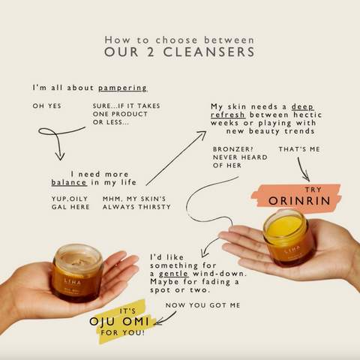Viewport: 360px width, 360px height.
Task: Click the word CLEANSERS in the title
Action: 208,52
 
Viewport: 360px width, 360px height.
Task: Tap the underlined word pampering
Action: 122,88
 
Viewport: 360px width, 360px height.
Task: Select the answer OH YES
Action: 46,106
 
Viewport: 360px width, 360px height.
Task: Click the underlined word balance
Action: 69,182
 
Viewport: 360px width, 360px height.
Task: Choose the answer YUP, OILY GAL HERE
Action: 70,202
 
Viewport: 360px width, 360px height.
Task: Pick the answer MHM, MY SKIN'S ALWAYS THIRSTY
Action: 136,202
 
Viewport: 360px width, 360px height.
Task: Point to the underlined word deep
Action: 302,106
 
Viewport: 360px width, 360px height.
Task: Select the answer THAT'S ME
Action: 299,149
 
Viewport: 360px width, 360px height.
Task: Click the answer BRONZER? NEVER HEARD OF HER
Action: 240,157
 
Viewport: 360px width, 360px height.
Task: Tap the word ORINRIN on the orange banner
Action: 299,201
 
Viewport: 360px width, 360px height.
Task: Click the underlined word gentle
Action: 173,274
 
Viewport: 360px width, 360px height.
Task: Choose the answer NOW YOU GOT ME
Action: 202,305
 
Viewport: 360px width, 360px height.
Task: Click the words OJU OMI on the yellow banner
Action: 119,322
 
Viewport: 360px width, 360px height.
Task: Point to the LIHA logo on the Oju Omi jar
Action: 73,282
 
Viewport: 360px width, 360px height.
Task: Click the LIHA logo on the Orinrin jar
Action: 292,248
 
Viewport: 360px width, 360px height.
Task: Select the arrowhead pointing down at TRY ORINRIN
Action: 307,178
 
